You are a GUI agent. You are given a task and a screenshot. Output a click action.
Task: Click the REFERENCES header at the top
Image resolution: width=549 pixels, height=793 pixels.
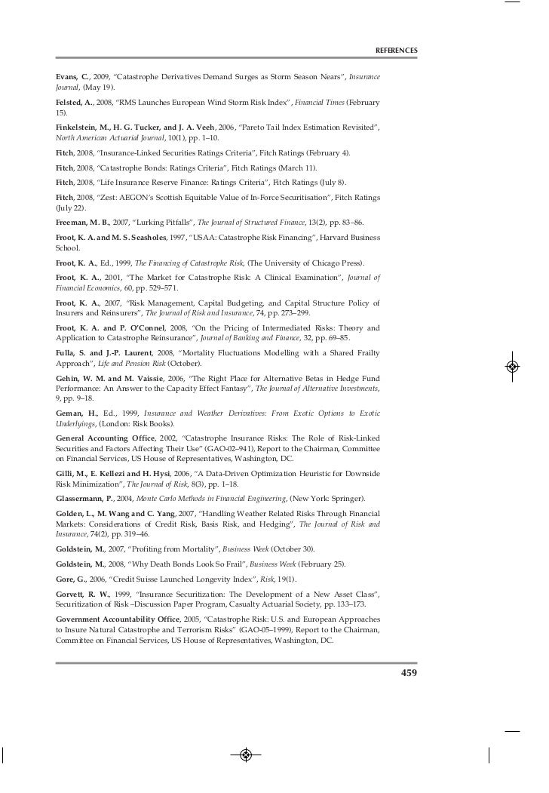point(396,51)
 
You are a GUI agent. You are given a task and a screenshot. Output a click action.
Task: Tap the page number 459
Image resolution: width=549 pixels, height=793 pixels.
point(408,672)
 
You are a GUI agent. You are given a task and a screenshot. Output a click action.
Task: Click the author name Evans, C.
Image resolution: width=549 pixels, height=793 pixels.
point(72,78)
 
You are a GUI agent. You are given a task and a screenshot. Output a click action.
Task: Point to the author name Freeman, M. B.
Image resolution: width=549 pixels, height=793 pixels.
point(83,223)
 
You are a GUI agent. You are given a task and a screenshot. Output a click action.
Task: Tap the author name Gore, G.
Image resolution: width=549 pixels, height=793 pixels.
point(71,579)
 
